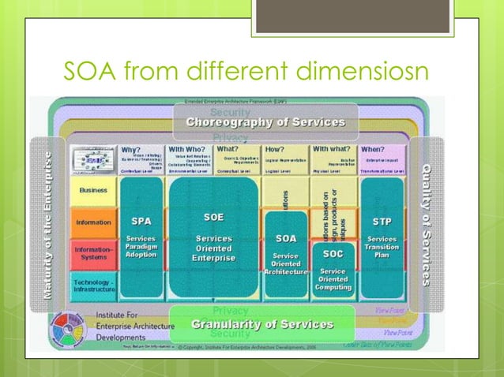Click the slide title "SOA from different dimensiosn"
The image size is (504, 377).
point(245,73)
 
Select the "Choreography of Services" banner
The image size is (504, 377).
point(265,123)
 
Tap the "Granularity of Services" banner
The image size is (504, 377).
point(262,324)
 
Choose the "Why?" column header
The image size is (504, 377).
point(131,148)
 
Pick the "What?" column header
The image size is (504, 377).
point(228,148)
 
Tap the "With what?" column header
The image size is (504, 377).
point(332,148)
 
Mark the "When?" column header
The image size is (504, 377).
point(373,148)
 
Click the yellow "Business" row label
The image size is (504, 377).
point(93,190)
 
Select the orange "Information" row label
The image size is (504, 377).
point(93,222)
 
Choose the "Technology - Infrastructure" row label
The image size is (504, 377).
point(93,283)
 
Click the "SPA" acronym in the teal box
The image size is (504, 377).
point(141,222)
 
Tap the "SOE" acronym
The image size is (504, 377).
point(213,217)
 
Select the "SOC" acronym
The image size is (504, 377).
point(333,255)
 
